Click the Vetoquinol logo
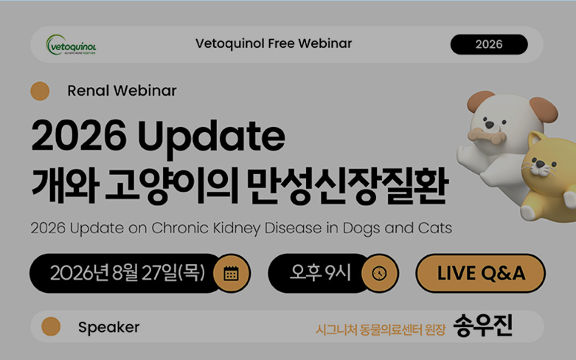click(x=72, y=45)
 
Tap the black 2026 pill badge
click(x=489, y=44)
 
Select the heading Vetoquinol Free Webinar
click(x=274, y=44)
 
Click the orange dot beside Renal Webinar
click(x=40, y=91)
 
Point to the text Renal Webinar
click(x=122, y=91)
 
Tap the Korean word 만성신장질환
click(x=347, y=186)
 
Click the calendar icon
click(x=232, y=274)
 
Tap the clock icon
click(x=380, y=274)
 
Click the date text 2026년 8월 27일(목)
click(x=128, y=273)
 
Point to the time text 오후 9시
click(x=320, y=272)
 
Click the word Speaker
click(x=108, y=327)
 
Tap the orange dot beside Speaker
click(x=51, y=327)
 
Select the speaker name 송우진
click(x=482, y=325)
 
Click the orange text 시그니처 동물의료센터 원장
click(x=381, y=330)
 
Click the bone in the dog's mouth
click(x=487, y=136)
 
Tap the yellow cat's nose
click(x=539, y=164)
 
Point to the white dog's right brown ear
click(x=545, y=108)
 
